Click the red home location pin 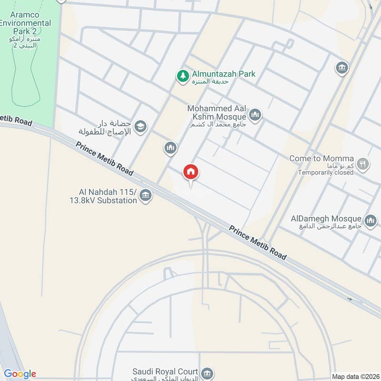point(191,172)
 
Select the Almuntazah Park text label point(224,74)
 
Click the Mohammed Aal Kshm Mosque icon point(256,115)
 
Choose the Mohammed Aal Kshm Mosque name point(217,113)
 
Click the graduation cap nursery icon point(140,126)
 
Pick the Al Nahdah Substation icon point(146,195)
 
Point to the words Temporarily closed point(326,172)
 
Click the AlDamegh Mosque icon point(371,221)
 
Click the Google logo point(20,374)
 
